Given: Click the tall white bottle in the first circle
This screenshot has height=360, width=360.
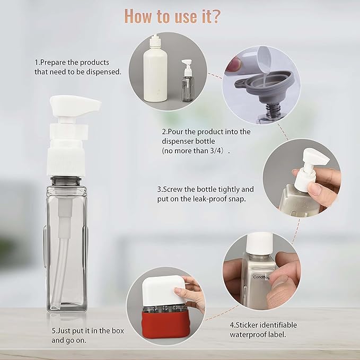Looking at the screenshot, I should pos(155,72).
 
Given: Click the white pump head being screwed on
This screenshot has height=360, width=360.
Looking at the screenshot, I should pos(312,164).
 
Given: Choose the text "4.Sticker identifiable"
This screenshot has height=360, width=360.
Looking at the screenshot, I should pos(264,324).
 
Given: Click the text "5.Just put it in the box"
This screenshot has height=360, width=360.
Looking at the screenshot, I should pos(87,330).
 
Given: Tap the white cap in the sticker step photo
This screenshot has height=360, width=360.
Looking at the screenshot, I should pos(260,244).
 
